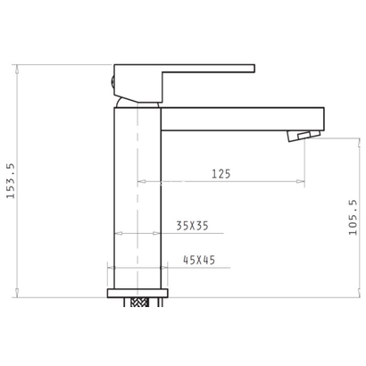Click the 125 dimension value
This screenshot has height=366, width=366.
[x=221, y=173]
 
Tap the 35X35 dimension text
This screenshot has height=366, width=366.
[x=192, y=226]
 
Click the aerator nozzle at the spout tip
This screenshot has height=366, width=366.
[x=301, y=135]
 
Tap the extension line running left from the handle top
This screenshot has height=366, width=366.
[x=62, y=63]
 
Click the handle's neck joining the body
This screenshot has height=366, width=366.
[x=137, y=98]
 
